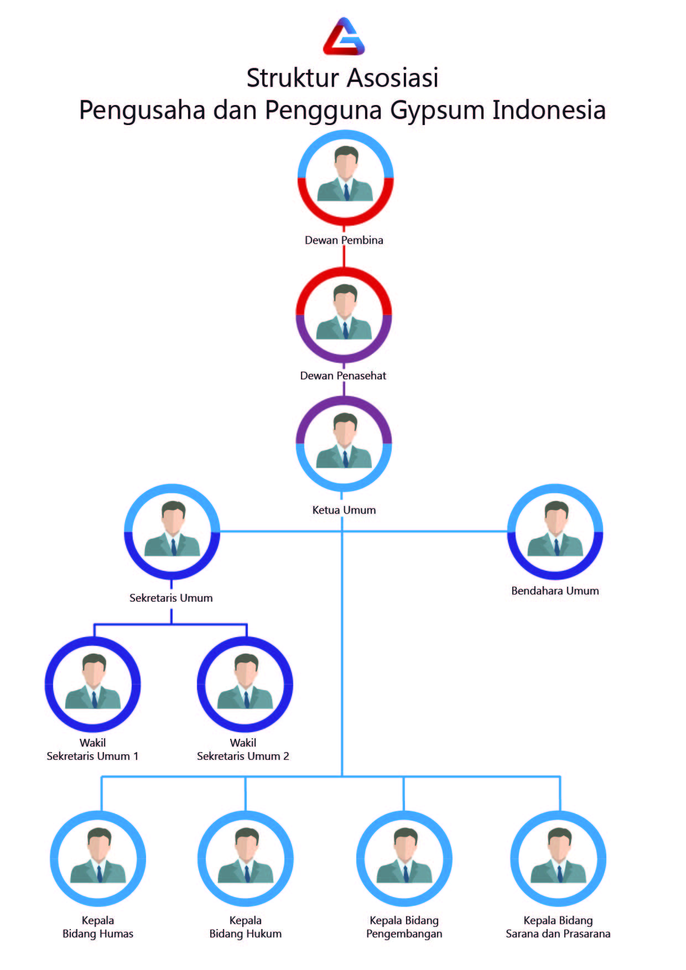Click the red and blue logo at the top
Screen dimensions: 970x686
344,37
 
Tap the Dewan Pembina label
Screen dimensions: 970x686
344,240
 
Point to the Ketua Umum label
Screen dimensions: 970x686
344,510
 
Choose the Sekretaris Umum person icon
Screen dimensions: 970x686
172,531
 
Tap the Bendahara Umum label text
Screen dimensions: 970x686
555,591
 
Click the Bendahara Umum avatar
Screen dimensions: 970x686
555,531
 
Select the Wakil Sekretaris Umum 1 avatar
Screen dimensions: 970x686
93,684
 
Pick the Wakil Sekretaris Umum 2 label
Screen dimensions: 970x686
243,749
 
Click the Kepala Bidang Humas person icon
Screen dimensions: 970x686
98,858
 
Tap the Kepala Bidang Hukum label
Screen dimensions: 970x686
245,927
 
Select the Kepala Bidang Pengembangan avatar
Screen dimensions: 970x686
404,858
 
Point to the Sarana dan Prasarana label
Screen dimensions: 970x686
558,934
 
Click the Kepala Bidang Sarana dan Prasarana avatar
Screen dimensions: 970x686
558,858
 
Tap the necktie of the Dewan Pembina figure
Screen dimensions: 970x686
346,191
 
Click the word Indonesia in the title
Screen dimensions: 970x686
549,110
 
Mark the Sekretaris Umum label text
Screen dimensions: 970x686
171,598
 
